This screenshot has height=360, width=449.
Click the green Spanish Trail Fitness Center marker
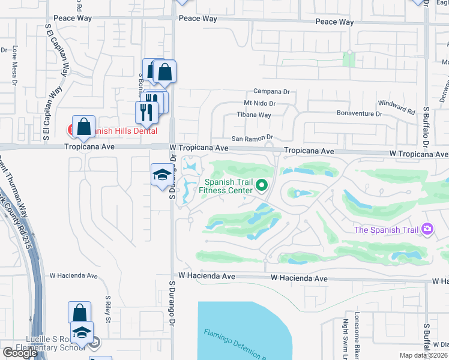[x=261, y=186]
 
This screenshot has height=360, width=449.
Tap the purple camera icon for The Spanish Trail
[x=427, y=229]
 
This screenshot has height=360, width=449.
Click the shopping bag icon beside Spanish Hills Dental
[x=84, y=127]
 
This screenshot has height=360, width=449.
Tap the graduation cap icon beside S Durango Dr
[x=161, y=175]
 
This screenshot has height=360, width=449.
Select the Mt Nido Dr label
[x=259, y=103]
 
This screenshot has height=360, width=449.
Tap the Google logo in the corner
[x=20, y=353]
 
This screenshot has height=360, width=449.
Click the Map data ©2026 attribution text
[x=424, y=355]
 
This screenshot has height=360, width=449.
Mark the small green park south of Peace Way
[x=349, y=59]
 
